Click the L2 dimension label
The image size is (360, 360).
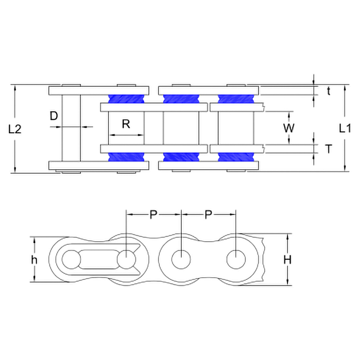(15, 129)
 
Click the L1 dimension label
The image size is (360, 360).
(345, 128)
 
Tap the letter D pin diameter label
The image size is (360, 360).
(54, 116)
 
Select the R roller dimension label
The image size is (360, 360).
(126, 124)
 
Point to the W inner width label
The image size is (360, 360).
(288, 128)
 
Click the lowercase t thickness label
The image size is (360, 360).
(329, 91)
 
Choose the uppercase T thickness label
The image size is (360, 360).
(329, 149)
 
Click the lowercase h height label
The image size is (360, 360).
(34, 260)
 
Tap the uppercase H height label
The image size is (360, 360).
(288, 260)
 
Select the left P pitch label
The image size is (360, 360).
(153, 215)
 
